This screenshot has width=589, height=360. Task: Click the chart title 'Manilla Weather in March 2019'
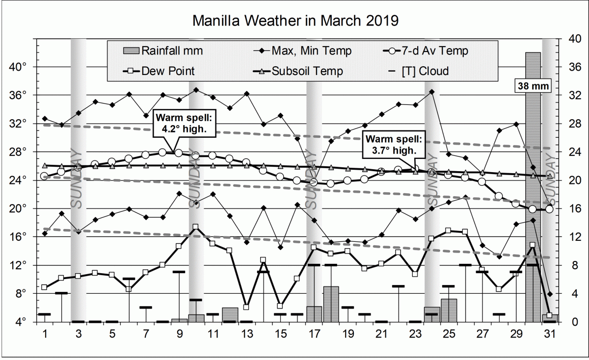tap(294, 21)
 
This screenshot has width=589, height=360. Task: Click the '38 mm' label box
tap(533, 86)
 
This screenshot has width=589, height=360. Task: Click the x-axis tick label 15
tap(280, 334)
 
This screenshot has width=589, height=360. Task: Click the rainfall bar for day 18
tap(331, 304)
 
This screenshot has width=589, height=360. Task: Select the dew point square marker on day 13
tap(246, 307)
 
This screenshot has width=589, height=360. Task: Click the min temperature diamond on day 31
tap(550, 294)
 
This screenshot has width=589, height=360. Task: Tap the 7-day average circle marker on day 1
tap(45, 176)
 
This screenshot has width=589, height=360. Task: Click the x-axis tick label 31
tap(549, 334)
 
